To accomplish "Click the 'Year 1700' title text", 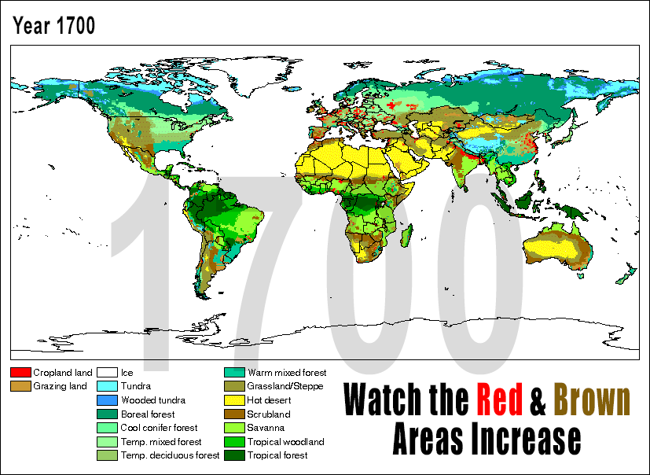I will pos(53,25).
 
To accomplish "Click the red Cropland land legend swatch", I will pos(20,372).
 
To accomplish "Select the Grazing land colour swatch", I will pos(20,386).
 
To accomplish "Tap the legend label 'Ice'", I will pos(127,372).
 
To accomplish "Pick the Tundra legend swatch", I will pos(107,386).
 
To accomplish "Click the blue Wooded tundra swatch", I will pos(107,400).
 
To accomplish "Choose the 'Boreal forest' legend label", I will pos(148,414).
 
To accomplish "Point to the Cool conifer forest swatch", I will pos(107,428).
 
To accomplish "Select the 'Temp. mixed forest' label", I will pos(161,442).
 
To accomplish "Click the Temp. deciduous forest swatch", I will pos(107,455).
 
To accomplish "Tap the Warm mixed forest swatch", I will pos(233,372).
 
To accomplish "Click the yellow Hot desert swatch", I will pos(233,400).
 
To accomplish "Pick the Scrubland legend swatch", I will pos(233,414).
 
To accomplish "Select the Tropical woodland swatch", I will pos(233,442).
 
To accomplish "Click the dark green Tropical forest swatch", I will pos(233,455).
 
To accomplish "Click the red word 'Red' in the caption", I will pos(499,400).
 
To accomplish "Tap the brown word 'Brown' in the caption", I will pos(592,400).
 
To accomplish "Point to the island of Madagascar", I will pos(406,234).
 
